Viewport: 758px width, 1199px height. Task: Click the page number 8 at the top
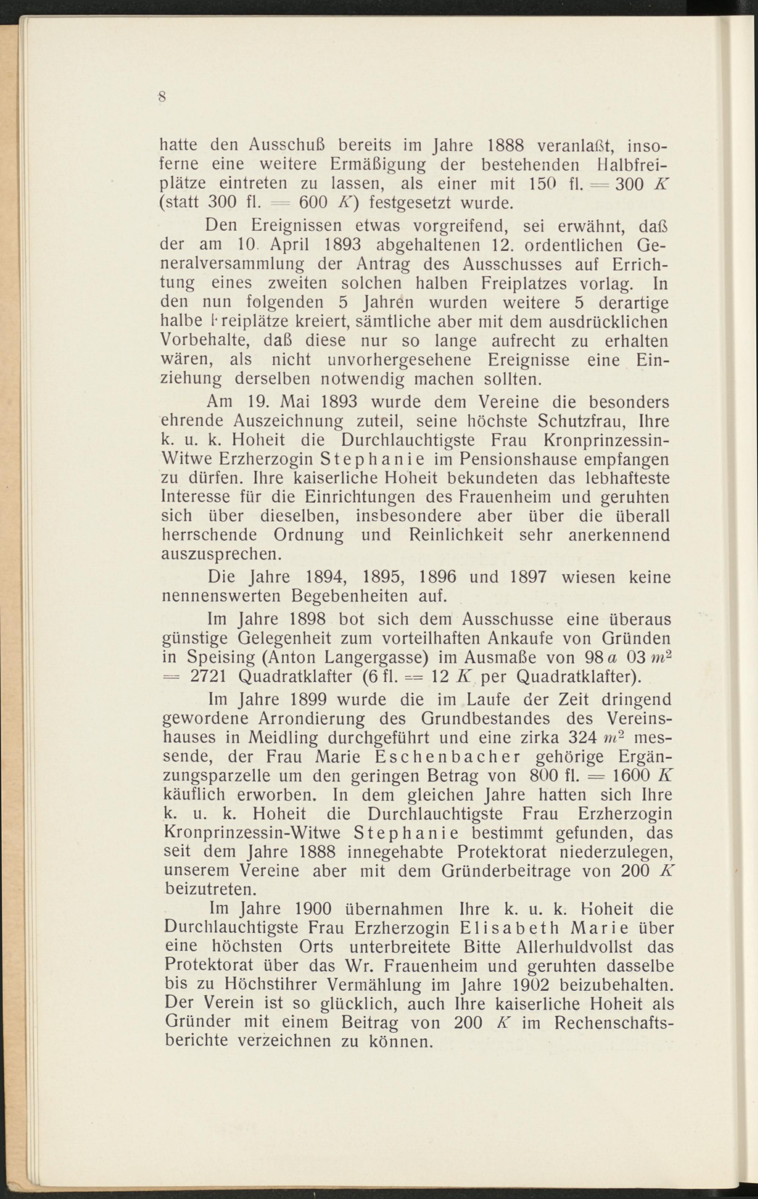click(x=162, y=97)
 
